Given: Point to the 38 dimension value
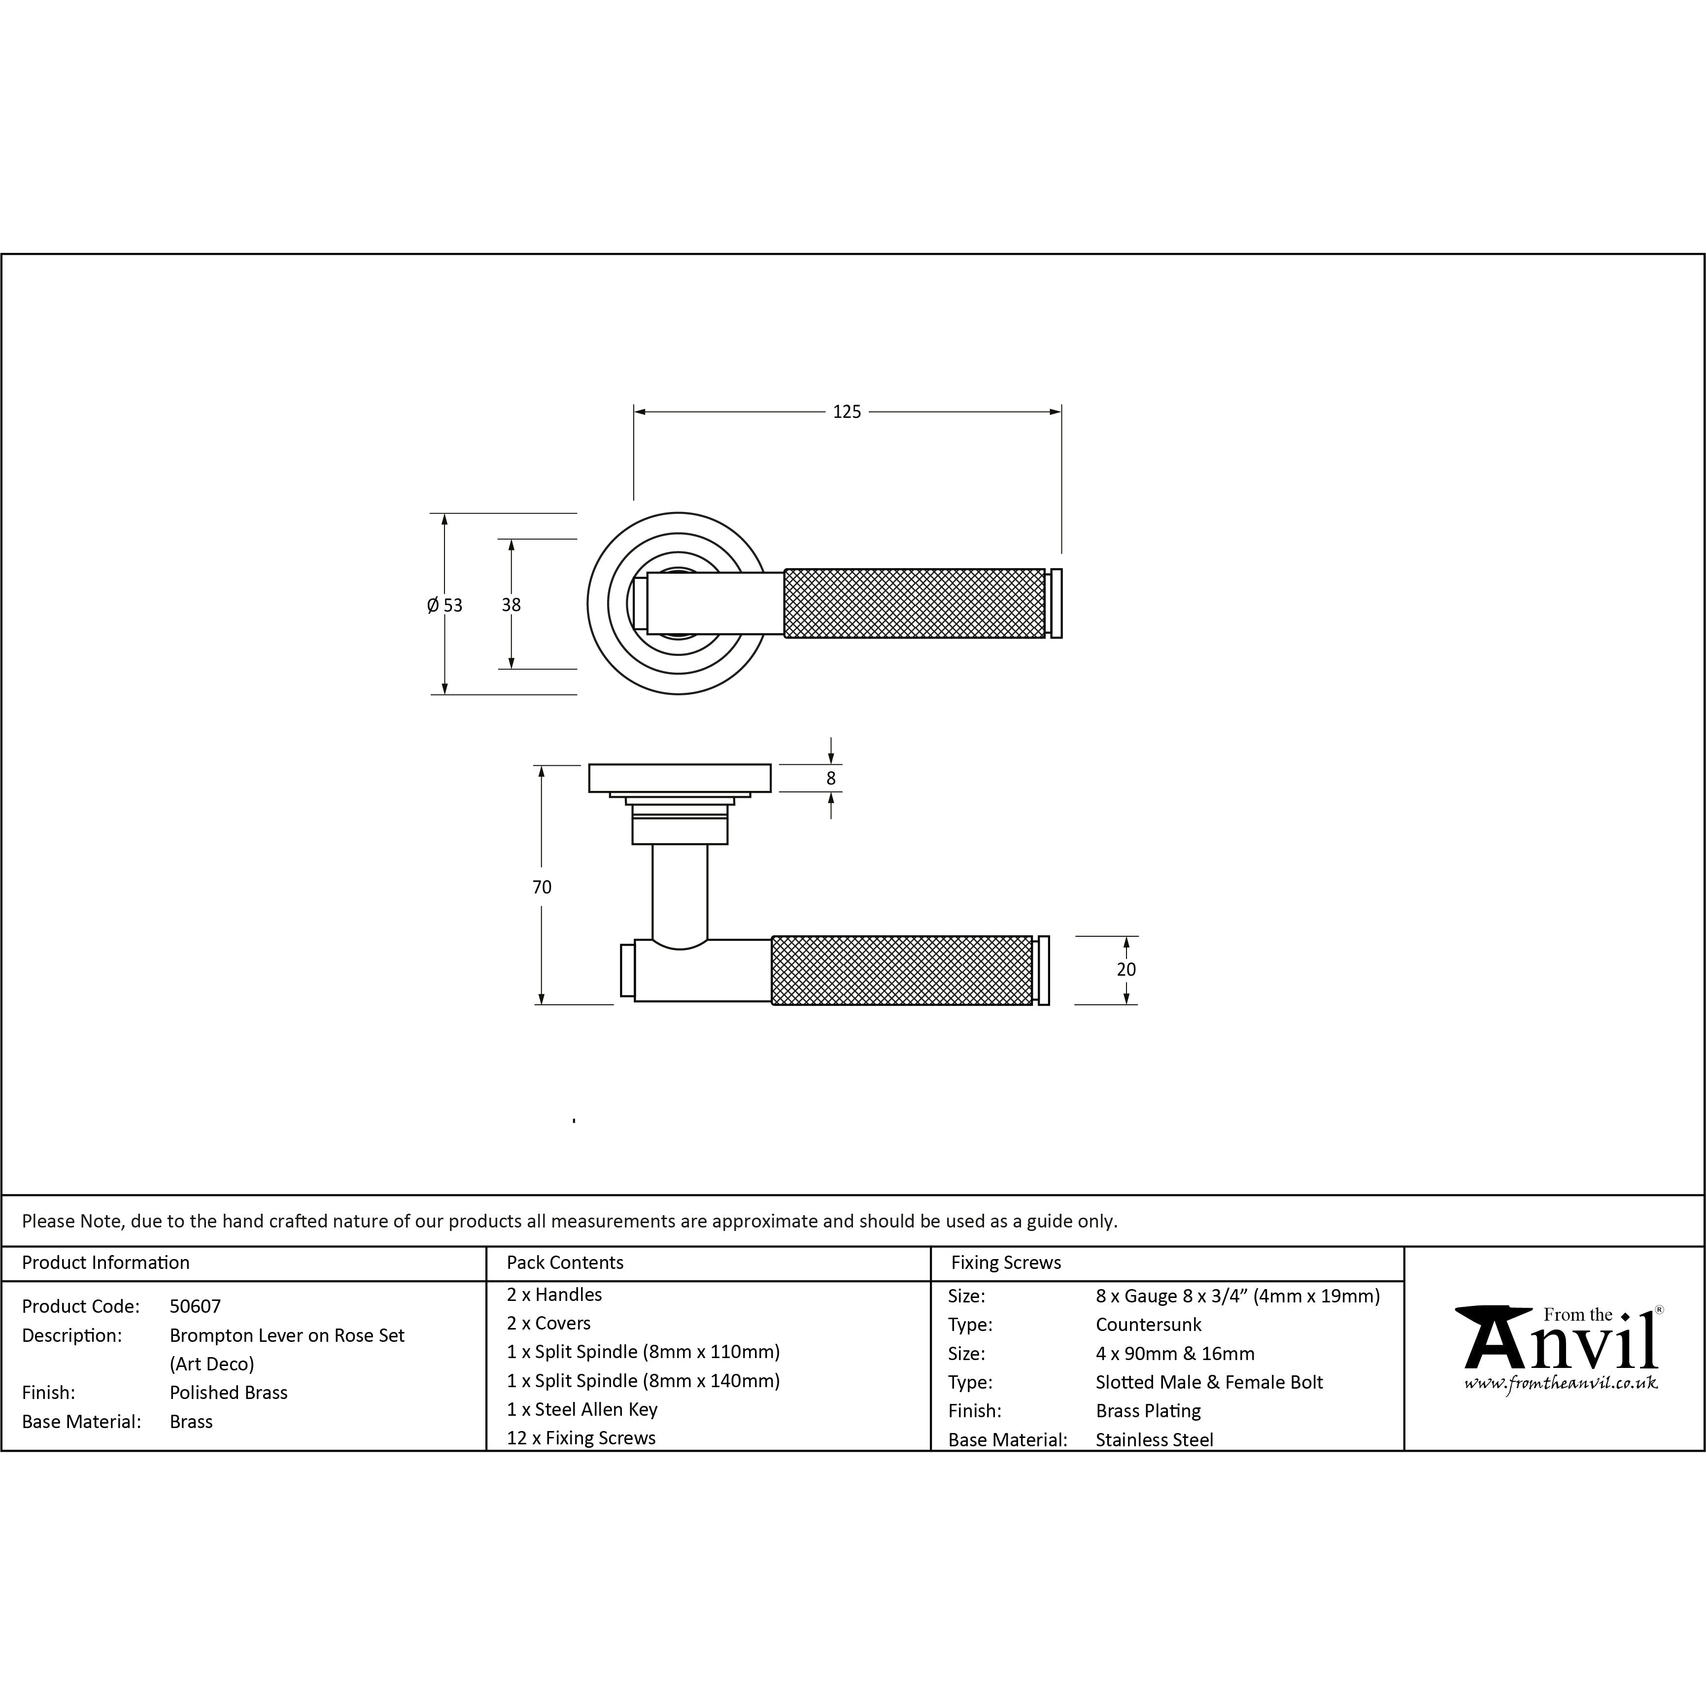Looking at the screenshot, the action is (512, 605).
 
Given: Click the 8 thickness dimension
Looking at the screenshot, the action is (831, 779).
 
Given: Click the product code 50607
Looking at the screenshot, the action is (195, 1306).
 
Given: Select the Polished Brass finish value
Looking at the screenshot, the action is (229, 1393).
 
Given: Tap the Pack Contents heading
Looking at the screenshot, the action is (565, 1262).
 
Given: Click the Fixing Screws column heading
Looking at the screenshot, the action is (1006, 1262).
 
